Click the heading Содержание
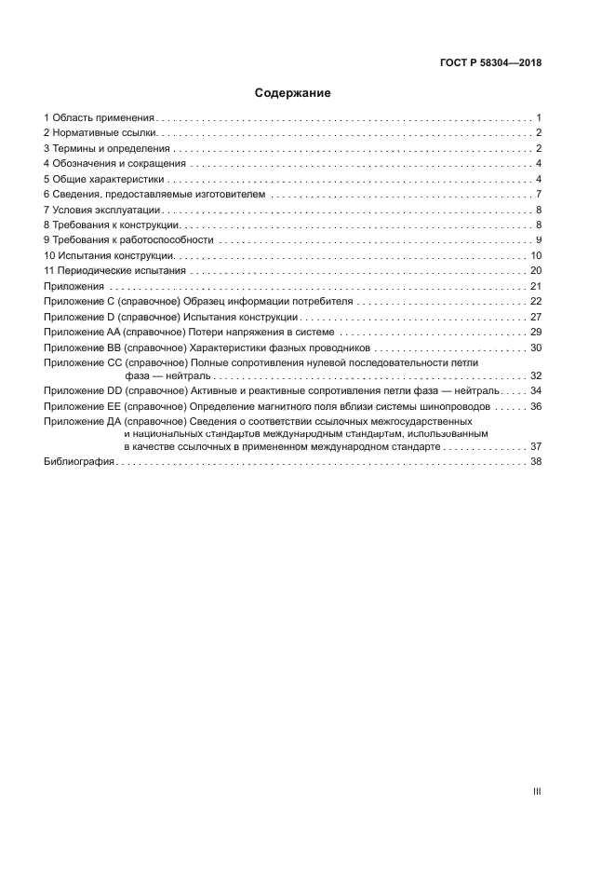tap(293, 94)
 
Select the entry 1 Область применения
tap(99, 118)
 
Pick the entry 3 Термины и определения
tap(106, 149)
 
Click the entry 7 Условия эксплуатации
tap(101, 210)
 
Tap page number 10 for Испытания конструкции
tap(535, 255)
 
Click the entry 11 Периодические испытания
tap(115, 271)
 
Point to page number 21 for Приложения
tap(535, 286)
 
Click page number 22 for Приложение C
tap(535, 302)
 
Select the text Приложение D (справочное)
tap(111, 317)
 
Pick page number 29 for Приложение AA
tap(535, 332)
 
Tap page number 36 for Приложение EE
tap(535, 406)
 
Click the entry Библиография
tap(78, 462)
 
